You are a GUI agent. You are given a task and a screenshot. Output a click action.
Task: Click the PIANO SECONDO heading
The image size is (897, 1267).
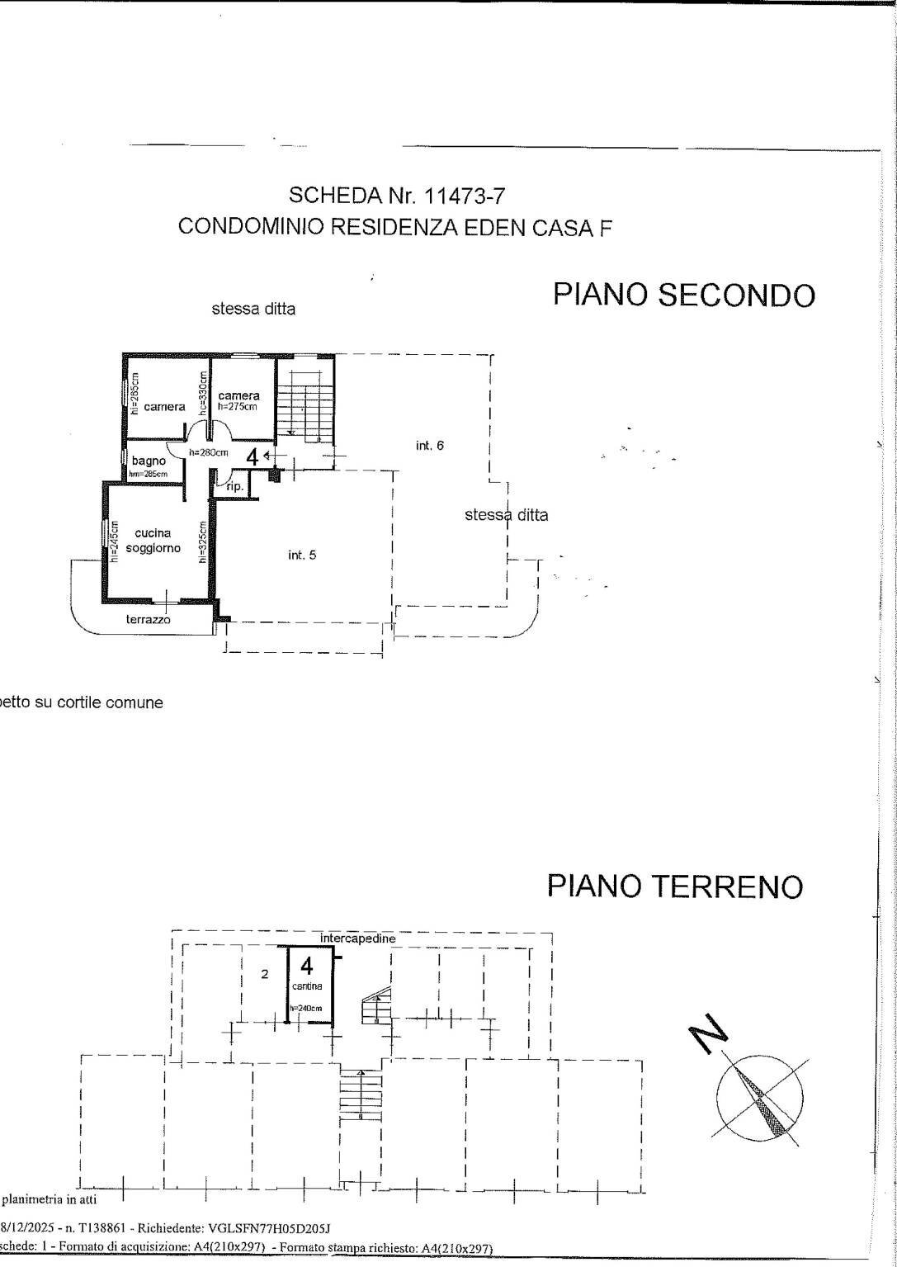684,295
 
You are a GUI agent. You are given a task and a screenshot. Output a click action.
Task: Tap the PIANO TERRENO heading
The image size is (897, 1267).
674,886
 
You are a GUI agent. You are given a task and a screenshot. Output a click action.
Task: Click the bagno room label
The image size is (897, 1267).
149,461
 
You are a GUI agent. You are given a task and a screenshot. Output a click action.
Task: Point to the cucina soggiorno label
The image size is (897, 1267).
153,541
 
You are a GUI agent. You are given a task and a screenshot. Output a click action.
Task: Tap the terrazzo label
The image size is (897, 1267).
149,619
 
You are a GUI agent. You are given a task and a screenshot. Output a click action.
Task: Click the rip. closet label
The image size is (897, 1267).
234,488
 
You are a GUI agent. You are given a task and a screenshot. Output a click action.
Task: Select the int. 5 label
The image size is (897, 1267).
301,555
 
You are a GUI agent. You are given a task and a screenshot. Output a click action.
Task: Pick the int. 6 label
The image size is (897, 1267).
430,445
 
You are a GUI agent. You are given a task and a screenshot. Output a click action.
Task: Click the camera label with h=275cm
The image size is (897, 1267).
238,396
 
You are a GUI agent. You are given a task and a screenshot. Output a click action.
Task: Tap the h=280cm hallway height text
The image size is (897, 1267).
208,452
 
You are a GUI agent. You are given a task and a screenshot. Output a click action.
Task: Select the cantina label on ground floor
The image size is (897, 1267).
306,986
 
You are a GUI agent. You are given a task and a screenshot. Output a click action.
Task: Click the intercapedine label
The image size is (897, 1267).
358,938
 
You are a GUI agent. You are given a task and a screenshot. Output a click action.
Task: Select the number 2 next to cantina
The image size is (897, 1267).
265,974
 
